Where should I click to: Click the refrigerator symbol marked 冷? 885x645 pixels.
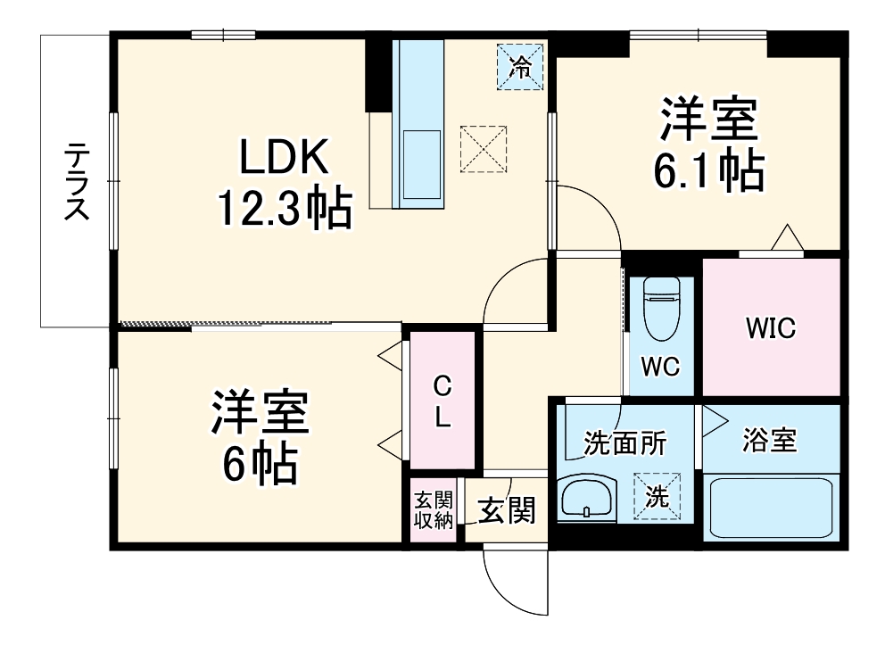coord(520,64)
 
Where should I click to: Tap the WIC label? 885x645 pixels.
coord(771,327)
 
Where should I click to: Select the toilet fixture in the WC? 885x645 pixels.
coord(662,309)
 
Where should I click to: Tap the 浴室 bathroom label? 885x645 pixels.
coord(771,440)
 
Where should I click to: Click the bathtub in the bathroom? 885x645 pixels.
coord(771,508)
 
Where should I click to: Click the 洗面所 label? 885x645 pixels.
coord(624,442)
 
